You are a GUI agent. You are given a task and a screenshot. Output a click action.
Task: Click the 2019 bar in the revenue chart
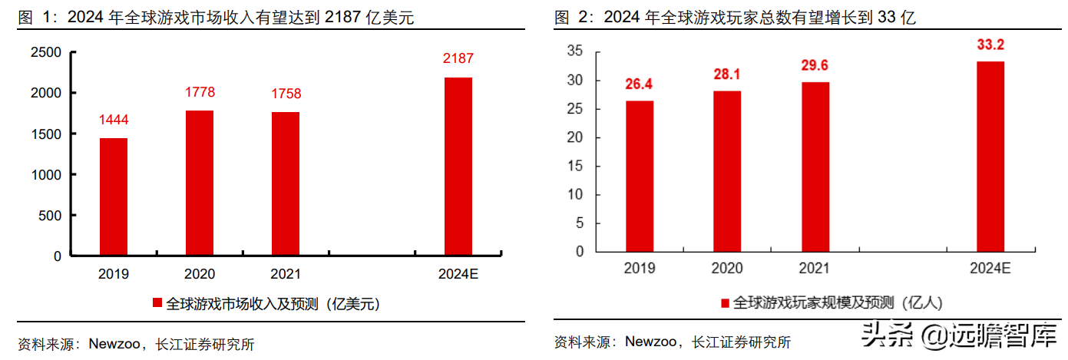(x=114, y=197)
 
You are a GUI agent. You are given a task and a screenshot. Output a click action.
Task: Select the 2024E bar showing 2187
(x=458, y=166)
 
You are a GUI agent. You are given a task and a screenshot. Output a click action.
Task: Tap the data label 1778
(x=200, y=93)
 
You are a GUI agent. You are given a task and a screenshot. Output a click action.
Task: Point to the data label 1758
(x=286, y=94)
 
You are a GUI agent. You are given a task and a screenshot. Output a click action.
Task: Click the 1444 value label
(x=114, y=120)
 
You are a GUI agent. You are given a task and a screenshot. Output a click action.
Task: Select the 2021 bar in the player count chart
(x=815, y=167)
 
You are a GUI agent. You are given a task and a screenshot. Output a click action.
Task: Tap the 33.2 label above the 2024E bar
(x=990, y=45)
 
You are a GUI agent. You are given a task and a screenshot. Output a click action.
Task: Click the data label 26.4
(x=640, y=84)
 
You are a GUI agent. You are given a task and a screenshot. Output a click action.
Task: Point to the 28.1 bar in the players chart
(x=727, y=170)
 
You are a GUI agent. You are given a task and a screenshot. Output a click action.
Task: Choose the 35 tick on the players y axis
(x=575, y=51)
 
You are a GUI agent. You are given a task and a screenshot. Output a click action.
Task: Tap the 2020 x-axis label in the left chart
(x=200, y=274)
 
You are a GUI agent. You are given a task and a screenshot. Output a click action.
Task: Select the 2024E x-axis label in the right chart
(x=990, y=268)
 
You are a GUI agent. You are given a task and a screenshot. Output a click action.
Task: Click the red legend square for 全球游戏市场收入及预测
(x=158, y=303)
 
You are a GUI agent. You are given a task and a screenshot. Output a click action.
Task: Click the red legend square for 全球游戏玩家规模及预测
(x=724, y=302)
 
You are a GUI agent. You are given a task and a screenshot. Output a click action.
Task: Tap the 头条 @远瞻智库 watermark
(x=960, y=335)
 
